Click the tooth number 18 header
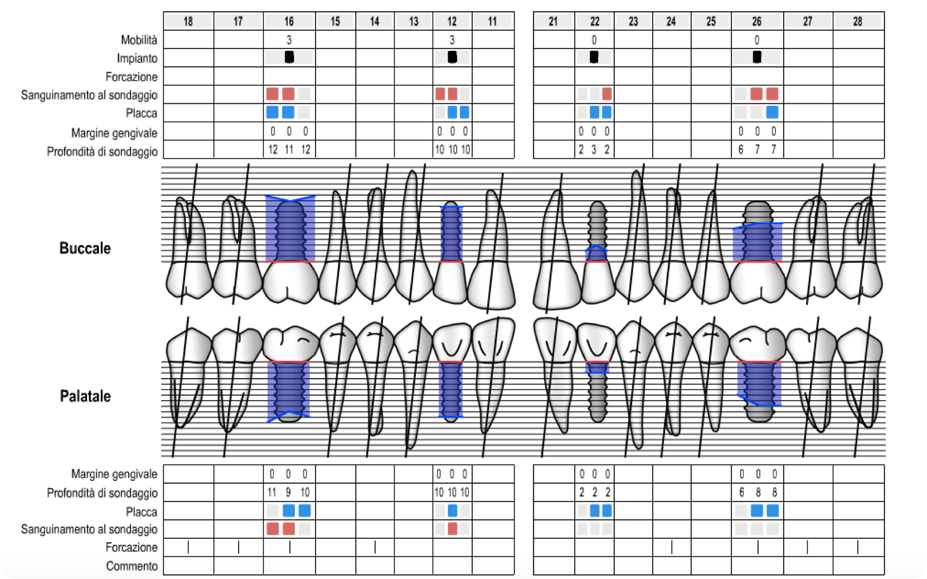pyautogui.click(x=188, y=21)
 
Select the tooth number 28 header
pyautogui.click(x=857, y=21)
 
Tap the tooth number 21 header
pyautogui.click(x=554, y=21)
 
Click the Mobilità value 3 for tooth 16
pyautogui.click(x=289, y=40)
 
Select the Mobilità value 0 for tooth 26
pyautogui.click(x=757, y=40)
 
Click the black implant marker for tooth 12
pyautogui.click(x=452, y=57)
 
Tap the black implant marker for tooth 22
pyautogui.click(x=594, y=57)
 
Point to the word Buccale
pyautogui.click(x=85, y=248)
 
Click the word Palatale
pyautogui.click(x=85, y=396)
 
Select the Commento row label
pyautogui.click(x=132, y=566)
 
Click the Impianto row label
pyautogui.click(x=137, y=59)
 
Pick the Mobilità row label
pyautogui.click(x=139, y=40)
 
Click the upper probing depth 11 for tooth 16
pyautogui.click(x=289, y=149)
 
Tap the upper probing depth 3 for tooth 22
pyautogui.click(x=594, y=149)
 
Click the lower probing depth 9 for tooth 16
pyautogui.click(x=288, y=492)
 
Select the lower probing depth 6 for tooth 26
pyautogui.click(x=741, y=492)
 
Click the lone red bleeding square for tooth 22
pyautogui.click(x=606, y=94)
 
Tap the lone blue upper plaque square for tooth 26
pyautogui.click(x=772, y=112)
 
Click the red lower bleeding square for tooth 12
pyautogui.click(x=452, y=529)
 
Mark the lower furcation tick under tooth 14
pyautogui.click(x=375, y=547)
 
